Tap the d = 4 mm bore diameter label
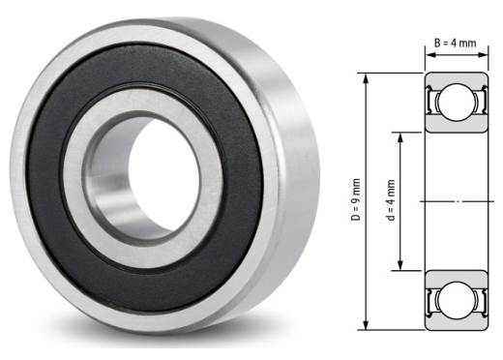tap(391, 199)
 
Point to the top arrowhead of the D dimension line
tap(367, 76)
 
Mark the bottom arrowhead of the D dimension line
tap(367, 326)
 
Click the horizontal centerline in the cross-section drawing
tap(456, 200)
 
